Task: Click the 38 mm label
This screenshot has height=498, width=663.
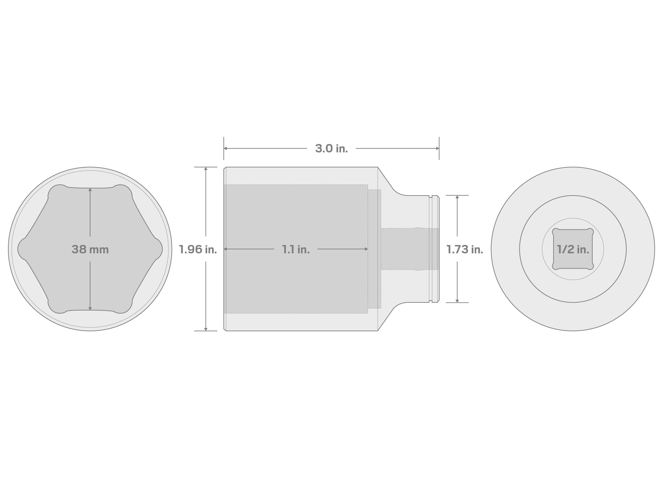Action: tap(90, 249)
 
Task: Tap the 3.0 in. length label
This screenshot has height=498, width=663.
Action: tap(331, 148)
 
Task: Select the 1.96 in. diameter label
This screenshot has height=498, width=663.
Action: tap(198, 249)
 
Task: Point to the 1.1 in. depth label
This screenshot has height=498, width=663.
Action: tap(296, 249)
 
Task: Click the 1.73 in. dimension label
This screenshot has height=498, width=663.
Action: tap(465, 249)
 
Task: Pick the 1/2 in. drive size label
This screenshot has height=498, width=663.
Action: tap(573, 249)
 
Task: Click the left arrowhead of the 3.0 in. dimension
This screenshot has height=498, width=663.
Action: tap(225, 148)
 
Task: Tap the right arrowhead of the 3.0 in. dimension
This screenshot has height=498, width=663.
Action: tap(437, 148)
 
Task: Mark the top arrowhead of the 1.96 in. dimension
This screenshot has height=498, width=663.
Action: tap(206, 169)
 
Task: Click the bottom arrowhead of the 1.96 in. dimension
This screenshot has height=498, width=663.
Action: tap(206, 329)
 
